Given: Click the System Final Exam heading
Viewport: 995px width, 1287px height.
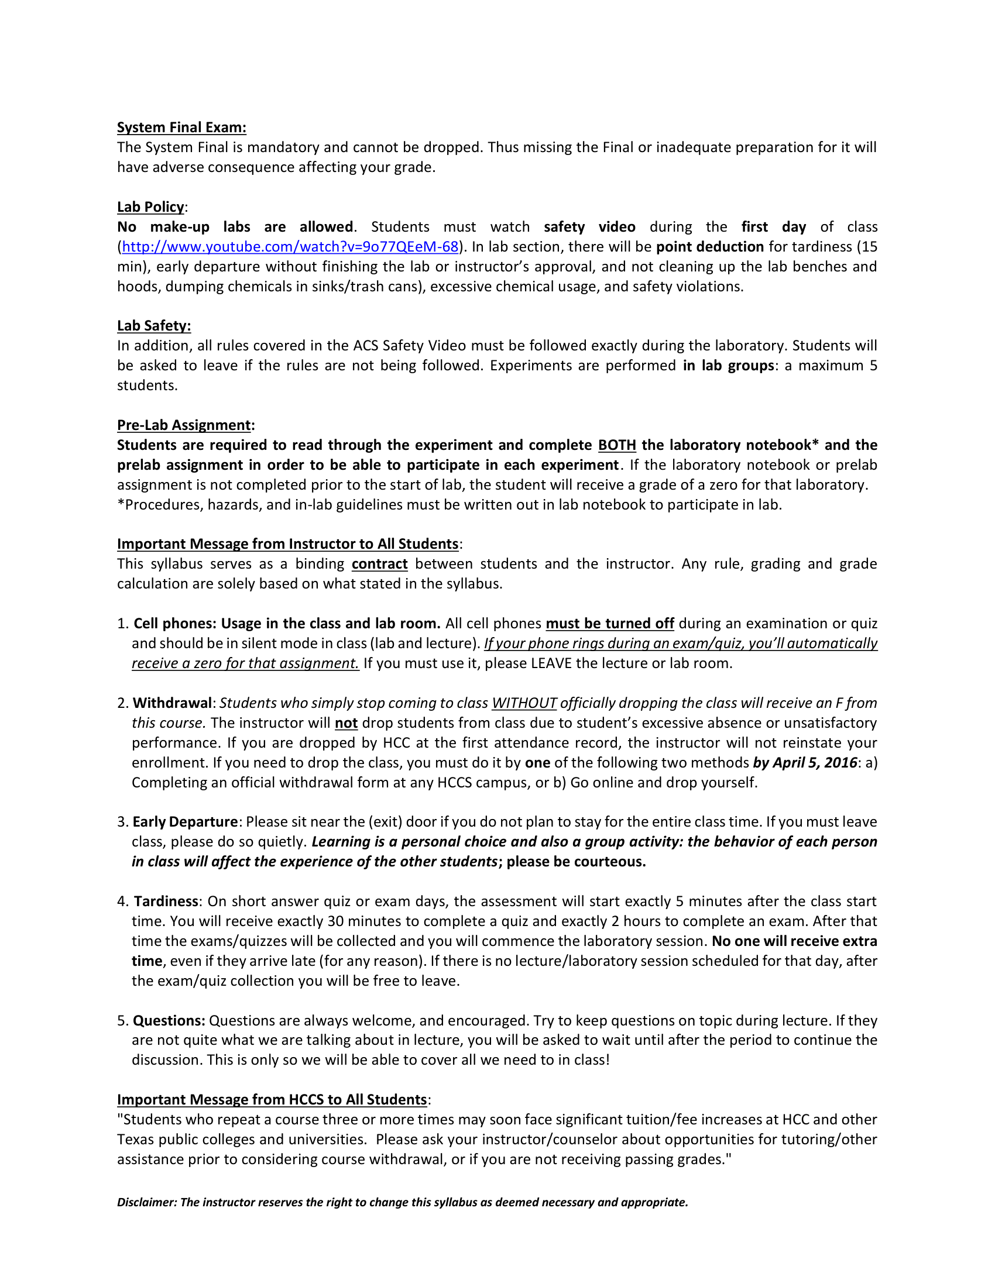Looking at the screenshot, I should coord(181,128).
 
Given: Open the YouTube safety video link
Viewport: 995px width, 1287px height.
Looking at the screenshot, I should coord(290,246).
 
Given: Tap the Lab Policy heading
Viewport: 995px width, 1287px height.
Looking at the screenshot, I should coord(151,207).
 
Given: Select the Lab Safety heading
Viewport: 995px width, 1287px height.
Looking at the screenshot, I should coord(154,326).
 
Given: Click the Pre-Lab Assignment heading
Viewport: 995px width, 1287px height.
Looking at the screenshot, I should coord(184,425).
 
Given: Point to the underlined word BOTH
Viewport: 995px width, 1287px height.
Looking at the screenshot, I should coord(616,445).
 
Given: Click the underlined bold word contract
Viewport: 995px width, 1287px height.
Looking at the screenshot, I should coord(380,564).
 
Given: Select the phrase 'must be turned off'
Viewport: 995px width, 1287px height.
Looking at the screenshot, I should coord(609,624).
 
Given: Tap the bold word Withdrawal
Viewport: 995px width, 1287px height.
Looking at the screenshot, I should coord(172,703).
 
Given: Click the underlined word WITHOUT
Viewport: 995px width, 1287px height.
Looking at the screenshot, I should coord(524,703).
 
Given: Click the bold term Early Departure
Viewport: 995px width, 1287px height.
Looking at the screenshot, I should coord(185,822).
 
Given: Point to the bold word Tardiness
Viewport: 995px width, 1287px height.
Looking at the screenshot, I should coord(166,901).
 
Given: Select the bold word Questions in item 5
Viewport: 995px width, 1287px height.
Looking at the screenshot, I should coord(169,1021).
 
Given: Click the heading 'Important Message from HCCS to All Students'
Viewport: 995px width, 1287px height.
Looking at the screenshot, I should coord(272,1100).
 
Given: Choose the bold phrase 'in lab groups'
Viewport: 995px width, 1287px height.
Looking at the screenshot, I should coord(728,366).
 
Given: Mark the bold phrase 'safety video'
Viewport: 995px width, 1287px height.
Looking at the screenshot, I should coord(589,227).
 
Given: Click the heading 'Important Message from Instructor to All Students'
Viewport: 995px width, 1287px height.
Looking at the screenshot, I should coord(287,544).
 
